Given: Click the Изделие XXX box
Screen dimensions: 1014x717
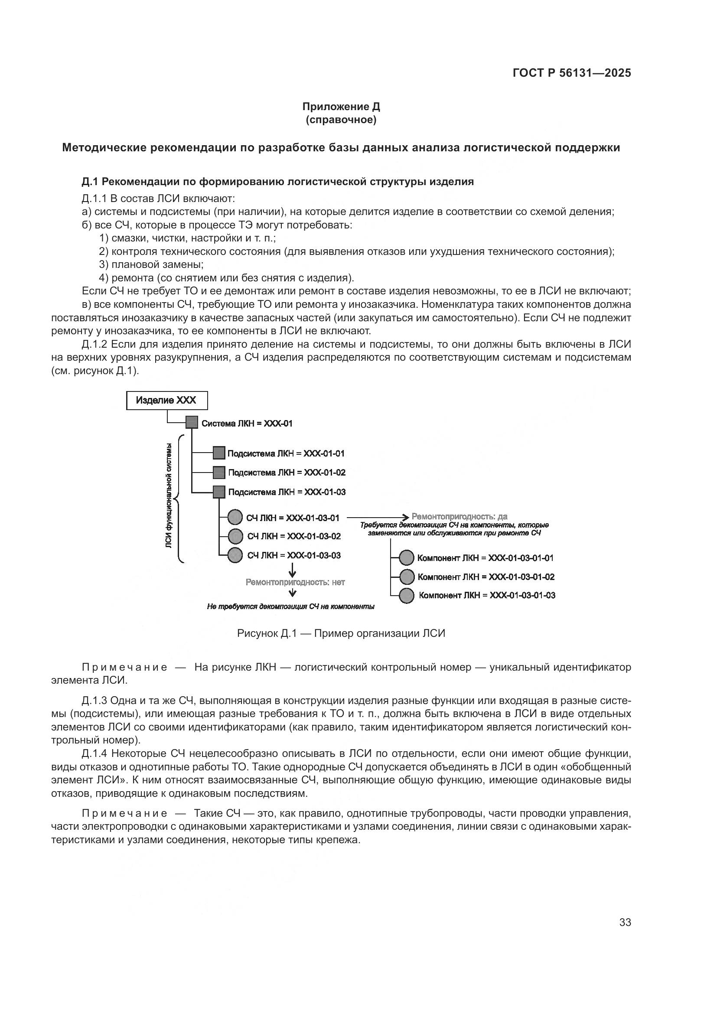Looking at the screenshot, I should tap(166, 401).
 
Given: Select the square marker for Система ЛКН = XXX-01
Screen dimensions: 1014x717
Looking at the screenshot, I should tap(192, 423).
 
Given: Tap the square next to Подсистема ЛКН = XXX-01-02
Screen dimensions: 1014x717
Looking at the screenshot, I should tap(219, 473).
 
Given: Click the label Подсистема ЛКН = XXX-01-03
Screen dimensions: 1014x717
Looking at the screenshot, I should tap(287, 492).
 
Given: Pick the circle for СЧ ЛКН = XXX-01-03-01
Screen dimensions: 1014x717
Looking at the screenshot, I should tap(235, 517).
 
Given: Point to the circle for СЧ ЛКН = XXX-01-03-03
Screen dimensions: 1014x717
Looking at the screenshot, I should tap(235, 555).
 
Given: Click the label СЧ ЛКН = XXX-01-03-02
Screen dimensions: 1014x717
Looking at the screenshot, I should tap(294, 536).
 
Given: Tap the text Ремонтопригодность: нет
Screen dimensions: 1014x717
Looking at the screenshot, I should tap(295, 582).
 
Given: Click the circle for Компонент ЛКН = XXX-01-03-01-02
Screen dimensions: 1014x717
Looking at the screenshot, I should tap(406, 577).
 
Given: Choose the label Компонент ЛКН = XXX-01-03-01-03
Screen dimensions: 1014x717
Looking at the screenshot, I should tap(487, 595).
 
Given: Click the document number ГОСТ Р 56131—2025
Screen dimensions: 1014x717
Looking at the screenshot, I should tap(572, 73).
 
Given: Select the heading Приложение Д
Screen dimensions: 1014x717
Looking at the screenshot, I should tap(341, 107).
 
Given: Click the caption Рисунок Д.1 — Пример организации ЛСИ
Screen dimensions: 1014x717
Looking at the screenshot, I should tap(341, 633).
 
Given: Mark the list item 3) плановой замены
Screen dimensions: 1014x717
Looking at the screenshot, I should tap(151, 264).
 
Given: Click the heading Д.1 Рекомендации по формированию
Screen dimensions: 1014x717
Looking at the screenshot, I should tap(277, 182).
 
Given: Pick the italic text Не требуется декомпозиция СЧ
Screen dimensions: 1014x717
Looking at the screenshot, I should tap(290, 607).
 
